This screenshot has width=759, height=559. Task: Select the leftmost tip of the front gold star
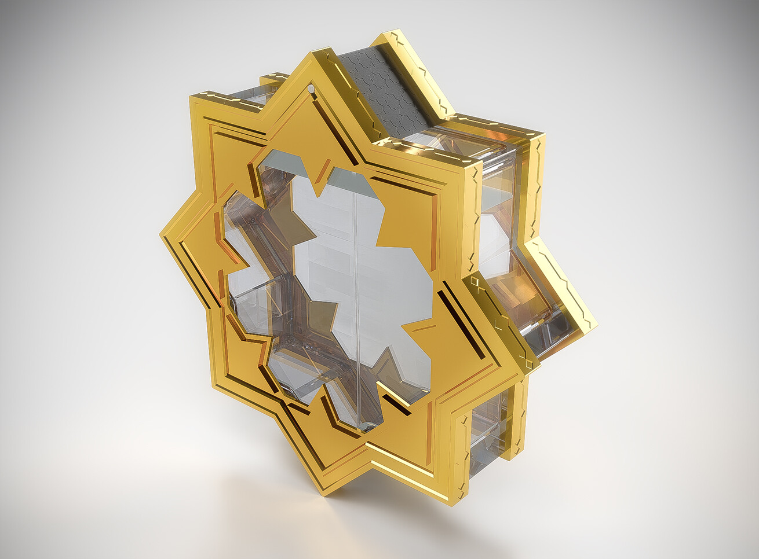[x=161, y=234]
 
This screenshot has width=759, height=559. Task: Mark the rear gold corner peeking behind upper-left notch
[x=272, y=78]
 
